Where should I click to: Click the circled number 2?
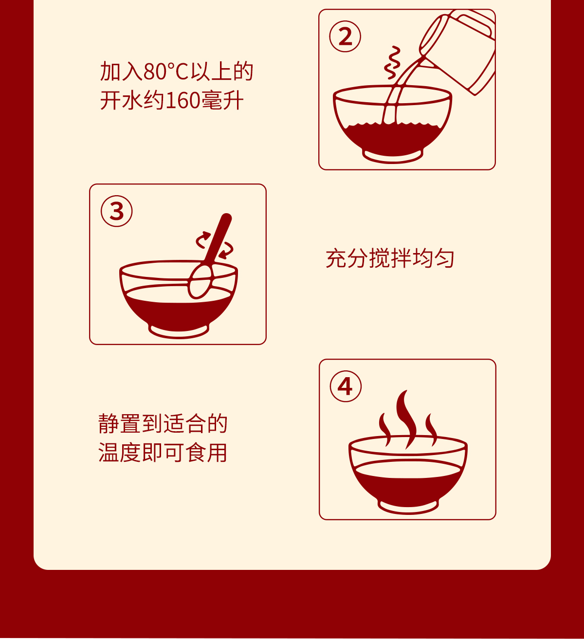pyautogui.click(x=345, y=36)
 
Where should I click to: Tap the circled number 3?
pyautogui.click(x=117, y=211)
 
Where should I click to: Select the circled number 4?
pyautogui.click(x=346, y=386)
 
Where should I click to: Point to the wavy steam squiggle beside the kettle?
pyautogui.click(x=392, y=62)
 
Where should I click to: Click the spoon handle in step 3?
pyautogui.click(x=218, y=239)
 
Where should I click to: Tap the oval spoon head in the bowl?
pyautogui.click(x=200, y=282)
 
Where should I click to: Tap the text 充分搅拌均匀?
pyautogui.click(x=390, y=258)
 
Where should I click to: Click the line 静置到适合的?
pyautogui.click(x=163, y=423)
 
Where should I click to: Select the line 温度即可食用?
pyautogui.click(x=163, y=452)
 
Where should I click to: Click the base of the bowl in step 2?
pyautogui.click(x=393, y=156)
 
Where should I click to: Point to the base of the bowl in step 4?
pyautogui.click(x=408, y=506)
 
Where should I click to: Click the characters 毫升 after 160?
pyautogui.click(x=222, y=101)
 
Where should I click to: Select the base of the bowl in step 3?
pyautogui.click(x=179, y=331)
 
